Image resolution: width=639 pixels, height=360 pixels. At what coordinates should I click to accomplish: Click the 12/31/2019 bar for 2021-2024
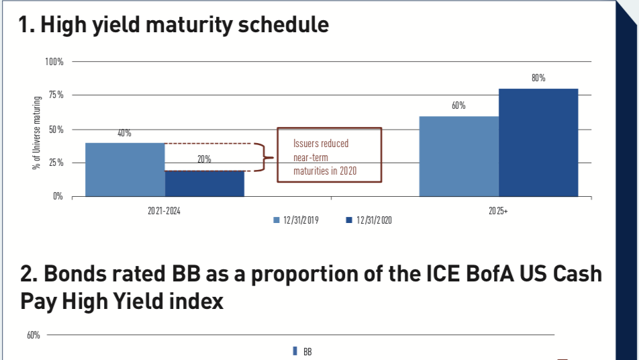pyautogui.click(x=125, y=169)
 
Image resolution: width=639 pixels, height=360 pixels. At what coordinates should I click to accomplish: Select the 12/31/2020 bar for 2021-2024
pyautogui.click(x=204, y=183)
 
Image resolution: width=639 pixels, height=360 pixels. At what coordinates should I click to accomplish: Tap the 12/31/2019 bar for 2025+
pyautogui.click(x=459, y=156)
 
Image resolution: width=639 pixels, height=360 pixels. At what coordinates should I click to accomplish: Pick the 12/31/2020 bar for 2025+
pyautogui.click(x=538, y=142)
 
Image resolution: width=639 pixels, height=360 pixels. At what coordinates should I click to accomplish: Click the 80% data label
pyautogui.click(x=538, y=79)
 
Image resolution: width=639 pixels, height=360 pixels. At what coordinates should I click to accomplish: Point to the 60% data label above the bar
pyautogui.click(x=459, y=106)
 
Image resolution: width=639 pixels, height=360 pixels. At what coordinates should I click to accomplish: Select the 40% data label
pyautogui.click(x=124, y=133)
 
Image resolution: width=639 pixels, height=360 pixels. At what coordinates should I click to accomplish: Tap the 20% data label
pyautogui.click(x=204, y=160)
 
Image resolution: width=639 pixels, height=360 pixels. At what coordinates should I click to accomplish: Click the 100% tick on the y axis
pyautogui.click(x=54, y=62)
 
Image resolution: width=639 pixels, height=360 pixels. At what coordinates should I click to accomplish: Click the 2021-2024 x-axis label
pyautogui.click(x=164, y=210)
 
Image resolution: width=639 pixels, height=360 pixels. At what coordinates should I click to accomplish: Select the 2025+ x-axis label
pyautogui.click(x=498, y=210)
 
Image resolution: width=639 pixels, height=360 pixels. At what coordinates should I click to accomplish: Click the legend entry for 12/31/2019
pyautogui.click(x=296, y=220)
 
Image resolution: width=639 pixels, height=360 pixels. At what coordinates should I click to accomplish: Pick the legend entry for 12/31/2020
pyautogui.click(x=368, y=220)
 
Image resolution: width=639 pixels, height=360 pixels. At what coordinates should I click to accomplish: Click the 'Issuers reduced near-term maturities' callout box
pyautogui.click(x=329, y=155)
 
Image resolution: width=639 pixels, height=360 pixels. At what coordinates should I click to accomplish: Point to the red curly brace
pyautogui.click(x=266, y=158)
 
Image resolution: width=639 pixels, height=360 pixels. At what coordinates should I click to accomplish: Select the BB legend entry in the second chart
pyautogui.click(x=303, y=351)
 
